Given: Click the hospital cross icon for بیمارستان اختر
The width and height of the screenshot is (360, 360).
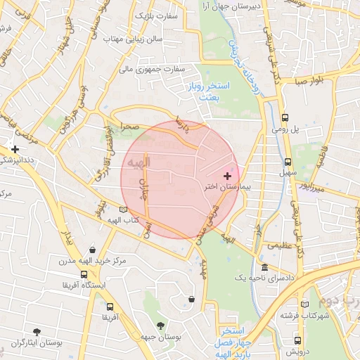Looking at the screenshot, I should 227,175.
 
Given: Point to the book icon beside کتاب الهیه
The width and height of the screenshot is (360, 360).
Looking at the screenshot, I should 124,210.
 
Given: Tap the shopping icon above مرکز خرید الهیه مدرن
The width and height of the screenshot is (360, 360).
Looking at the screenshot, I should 93,249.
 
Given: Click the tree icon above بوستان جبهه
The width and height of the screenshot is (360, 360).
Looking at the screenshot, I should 161,326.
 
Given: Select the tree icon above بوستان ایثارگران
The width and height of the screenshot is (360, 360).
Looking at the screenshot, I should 36,330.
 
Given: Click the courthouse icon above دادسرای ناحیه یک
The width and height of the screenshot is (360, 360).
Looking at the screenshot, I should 264,268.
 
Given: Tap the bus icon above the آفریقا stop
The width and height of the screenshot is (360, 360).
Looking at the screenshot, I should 109,307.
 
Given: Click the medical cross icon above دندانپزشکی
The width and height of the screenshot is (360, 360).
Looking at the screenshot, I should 15,149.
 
